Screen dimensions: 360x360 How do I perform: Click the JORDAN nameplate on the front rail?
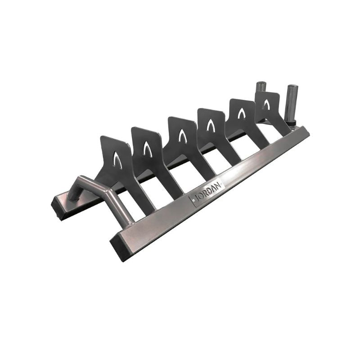coord(206,191)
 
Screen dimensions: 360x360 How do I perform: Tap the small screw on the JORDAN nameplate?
coord(194,200)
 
